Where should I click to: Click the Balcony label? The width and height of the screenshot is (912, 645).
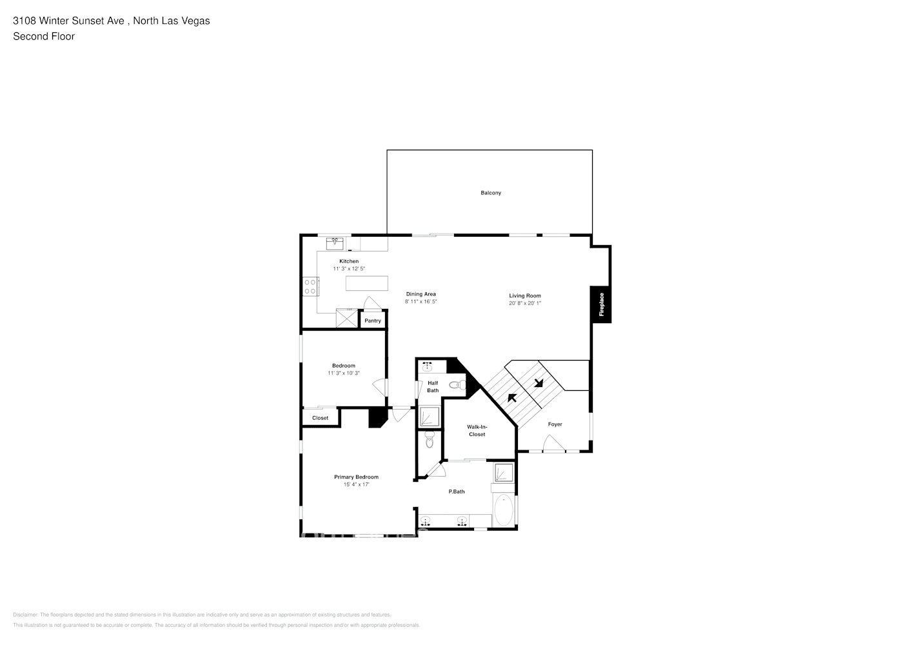click(490, 193)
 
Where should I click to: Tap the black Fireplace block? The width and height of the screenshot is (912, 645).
click(601, 304)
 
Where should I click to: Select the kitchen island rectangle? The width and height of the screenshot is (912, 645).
click(367, 283)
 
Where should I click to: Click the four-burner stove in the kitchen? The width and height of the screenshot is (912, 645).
click(310, 286)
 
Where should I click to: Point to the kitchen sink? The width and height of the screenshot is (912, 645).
click(335, 243)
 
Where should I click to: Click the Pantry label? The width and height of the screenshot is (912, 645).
click(373, 321)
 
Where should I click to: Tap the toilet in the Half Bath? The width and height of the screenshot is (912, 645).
click(457, 385)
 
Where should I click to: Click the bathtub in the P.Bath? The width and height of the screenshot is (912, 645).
click(504, 511)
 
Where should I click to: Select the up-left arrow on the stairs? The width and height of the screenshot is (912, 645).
click(513, 397)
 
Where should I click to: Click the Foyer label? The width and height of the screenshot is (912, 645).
click(555, 424)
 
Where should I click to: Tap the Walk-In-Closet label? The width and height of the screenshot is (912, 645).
click(477, 430)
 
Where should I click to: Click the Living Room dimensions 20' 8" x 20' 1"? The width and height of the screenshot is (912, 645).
click(525, 303)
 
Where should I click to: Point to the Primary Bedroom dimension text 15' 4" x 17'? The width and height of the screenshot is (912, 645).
click(356, 484)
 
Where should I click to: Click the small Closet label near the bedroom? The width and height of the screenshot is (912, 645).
click(320, 418)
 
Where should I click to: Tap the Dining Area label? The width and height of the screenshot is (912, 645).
click(421, 294)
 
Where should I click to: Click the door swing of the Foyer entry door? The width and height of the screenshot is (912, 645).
click(553, 443)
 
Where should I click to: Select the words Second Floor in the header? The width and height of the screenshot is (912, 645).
click(44, 36)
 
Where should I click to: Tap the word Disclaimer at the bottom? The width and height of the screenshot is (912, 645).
click(26, 615)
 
